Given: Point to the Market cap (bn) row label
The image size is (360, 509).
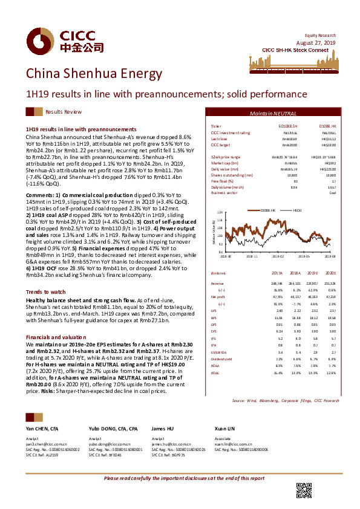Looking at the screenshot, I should (x=224, y=163).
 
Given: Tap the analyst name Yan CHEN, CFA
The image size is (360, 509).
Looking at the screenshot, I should (x=43, y=429).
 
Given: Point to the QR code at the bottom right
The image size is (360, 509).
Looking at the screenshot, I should (x=304, y=489).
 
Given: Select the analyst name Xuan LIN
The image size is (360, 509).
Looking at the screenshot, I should (x=224, y=429).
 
